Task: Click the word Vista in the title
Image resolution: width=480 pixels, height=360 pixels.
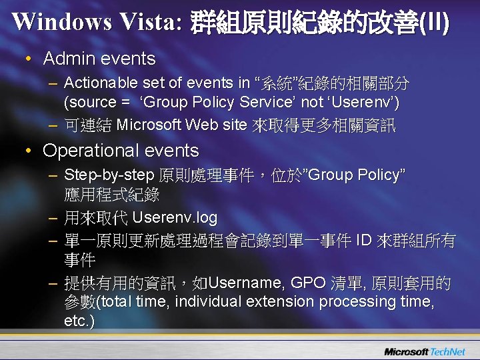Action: point(149,22)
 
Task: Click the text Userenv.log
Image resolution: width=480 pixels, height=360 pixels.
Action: point(175,218)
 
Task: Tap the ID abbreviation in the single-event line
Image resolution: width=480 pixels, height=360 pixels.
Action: point(366,240)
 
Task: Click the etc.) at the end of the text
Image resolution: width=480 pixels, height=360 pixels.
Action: point(79,321)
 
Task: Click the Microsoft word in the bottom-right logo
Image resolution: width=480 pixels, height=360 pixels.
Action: point(406,351)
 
